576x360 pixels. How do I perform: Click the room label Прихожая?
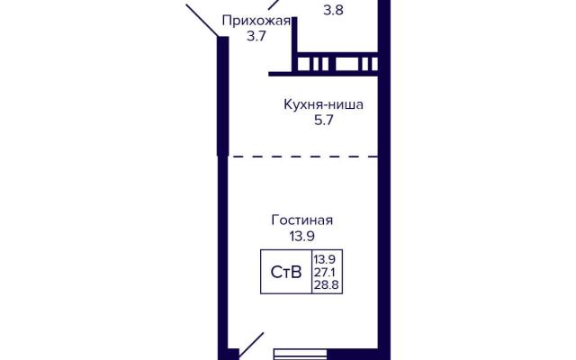click(256, 22)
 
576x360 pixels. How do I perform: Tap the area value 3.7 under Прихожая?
click(256, 36)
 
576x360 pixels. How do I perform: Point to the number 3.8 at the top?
click(333, 10)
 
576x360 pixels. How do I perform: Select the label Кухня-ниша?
click(324, 104)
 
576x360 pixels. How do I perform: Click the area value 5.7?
click(324, 120)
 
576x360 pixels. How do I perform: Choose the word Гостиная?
click(302, 220)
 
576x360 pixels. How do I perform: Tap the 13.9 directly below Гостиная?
click(302, 236)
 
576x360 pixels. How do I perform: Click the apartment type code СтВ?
click(286, 272)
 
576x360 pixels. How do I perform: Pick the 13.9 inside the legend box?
click(324, 260)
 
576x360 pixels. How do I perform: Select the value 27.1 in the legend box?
click(324, 272)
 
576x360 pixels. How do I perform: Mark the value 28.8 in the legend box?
click(326, 284)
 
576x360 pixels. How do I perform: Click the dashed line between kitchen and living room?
click(303, 157)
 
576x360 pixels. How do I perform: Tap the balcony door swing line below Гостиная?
click(251, 346)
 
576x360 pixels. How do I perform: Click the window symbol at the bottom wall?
click(300, 354)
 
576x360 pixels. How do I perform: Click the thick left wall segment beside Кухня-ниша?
click(223, 96)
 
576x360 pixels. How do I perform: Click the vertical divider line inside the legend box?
click(312, 272)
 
